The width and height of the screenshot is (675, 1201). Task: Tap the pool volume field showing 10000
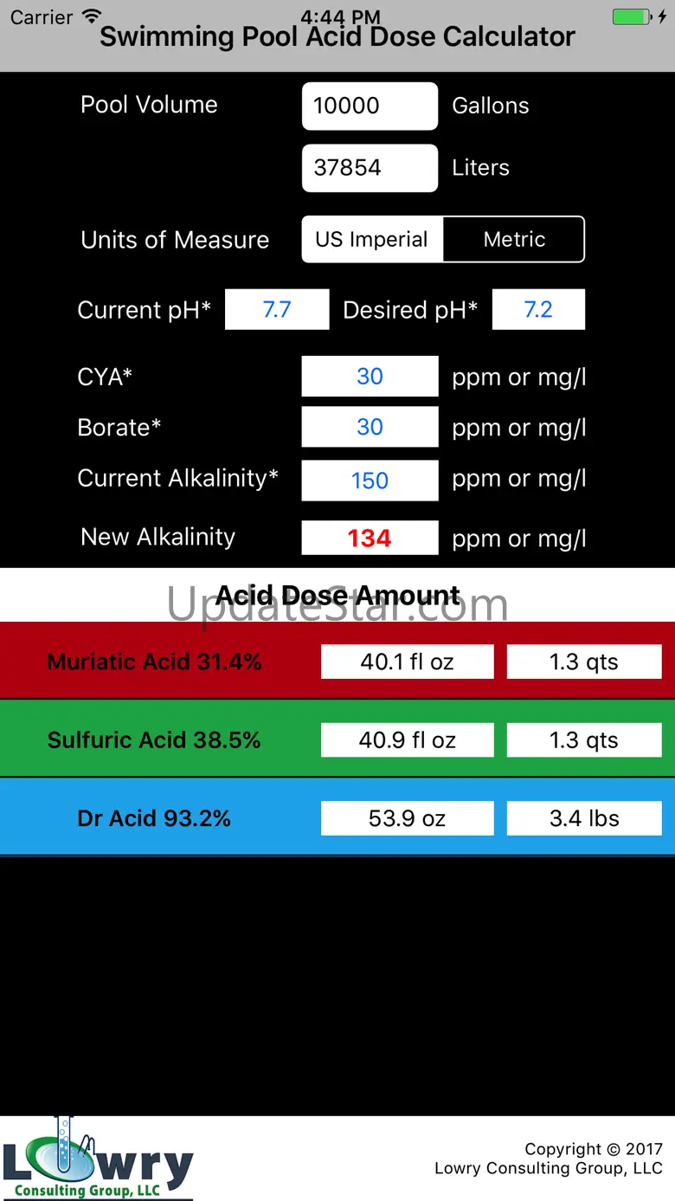[370, 107]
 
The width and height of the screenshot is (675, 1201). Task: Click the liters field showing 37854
[370, 168]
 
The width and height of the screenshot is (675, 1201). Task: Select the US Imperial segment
[372, 240]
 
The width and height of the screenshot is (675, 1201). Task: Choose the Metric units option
[514, 240]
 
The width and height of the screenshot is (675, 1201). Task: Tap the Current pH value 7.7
[277, 310]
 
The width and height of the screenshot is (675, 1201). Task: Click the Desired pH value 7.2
[538, 310]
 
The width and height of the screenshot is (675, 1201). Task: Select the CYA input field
[370, 377]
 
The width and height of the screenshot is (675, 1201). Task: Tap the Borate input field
[370, 427]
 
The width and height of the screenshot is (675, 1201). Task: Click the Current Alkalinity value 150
[370, 481]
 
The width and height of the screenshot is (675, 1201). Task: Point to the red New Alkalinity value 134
[370, 538]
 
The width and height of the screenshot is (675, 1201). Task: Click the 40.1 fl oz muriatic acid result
[407, 662]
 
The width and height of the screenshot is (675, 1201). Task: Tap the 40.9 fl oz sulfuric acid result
[407, 740]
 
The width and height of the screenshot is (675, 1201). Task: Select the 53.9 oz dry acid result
[407, 818]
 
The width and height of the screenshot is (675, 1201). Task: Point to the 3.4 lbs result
[584, 818]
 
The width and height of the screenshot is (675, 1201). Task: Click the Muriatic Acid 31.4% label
[154, 662]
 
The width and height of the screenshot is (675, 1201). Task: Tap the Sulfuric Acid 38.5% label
[154, 740]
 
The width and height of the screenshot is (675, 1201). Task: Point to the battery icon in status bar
[632, 16]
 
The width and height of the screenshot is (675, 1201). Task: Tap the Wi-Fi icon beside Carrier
[91, 16]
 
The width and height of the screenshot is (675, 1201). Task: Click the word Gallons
[491, 107]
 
